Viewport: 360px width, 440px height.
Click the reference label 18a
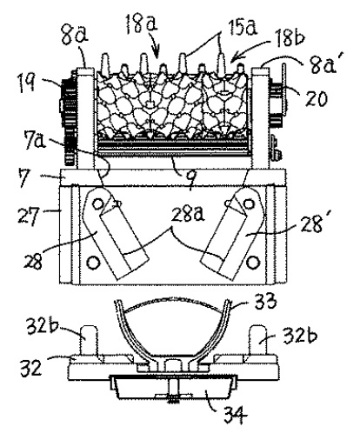(x=141, y=23)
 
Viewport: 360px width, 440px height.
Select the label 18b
(x=289, y=37)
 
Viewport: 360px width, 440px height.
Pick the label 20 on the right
(x=316, y=98)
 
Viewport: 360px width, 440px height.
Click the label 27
(x=28, y=216)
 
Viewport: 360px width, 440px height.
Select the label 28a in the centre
(x=188, y=215)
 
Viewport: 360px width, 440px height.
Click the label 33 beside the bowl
(x=264, y=302)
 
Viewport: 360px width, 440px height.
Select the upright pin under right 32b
(x=258, y=340)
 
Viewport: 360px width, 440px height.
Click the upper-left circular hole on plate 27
(x=98, y=204)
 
